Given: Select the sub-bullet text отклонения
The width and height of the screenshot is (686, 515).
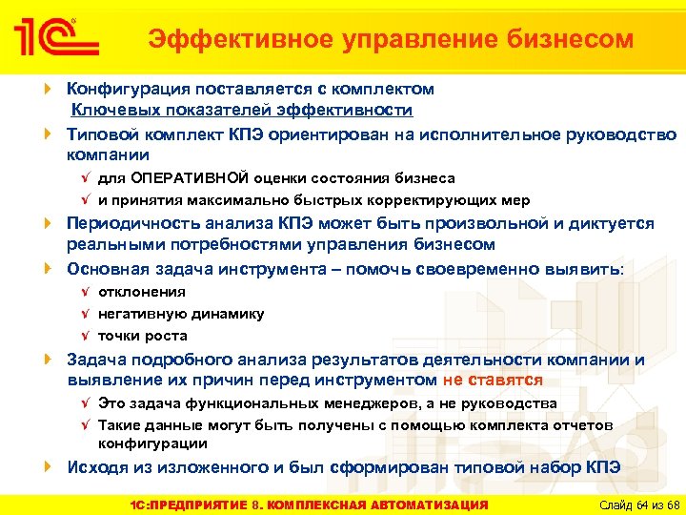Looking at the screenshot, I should [142, 292].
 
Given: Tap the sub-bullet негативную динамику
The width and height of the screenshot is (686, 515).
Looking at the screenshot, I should [181, 314].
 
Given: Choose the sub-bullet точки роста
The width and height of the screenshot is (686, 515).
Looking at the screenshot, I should [143, 336].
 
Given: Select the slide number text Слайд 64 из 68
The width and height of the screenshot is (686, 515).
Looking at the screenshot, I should [633, 504].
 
